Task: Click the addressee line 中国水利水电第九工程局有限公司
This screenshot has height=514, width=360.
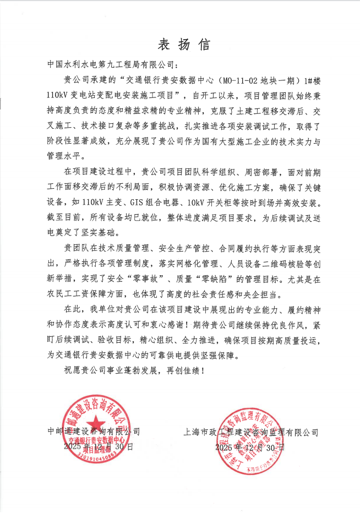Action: point(111,64)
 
